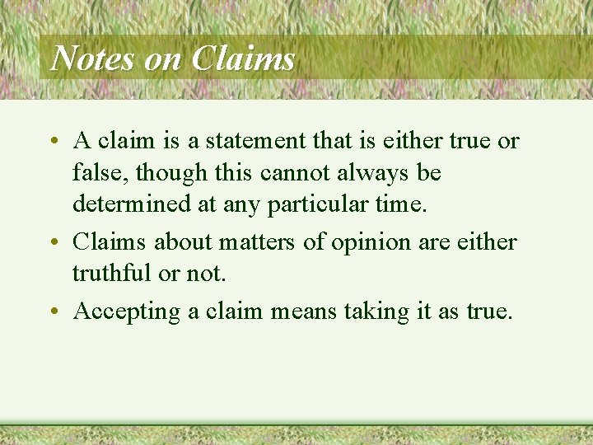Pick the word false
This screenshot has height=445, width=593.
tap(100, 172)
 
